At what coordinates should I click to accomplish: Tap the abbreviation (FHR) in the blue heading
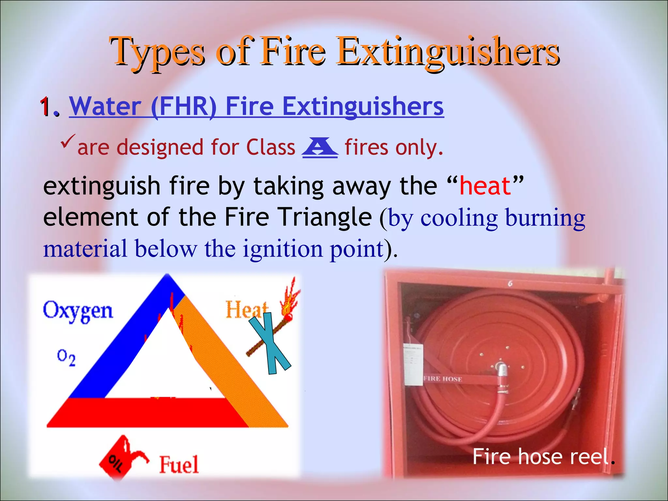184,107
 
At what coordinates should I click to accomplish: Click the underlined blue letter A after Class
320,147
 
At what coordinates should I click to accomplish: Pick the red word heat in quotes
485,186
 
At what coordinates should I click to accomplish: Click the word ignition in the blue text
283,249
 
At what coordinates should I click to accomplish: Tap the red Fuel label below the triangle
179,464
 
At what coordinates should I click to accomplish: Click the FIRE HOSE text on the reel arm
443,379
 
